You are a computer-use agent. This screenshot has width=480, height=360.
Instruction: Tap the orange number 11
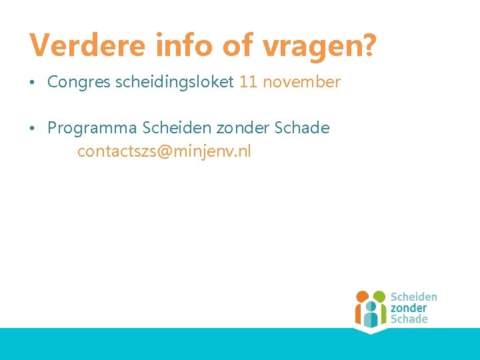coord(247,83)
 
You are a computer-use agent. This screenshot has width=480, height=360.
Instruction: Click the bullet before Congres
coord(33,83)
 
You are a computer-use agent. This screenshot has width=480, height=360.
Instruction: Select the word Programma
coord(92,128)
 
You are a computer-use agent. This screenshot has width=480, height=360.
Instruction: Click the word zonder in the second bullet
coord(241,128)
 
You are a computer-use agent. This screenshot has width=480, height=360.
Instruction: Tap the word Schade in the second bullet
coord(301,128)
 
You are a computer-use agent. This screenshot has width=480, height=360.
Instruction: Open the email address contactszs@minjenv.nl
coord(164,151)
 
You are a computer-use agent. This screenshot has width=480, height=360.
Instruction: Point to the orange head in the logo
coord(362,296)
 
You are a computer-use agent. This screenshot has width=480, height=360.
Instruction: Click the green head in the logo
coord(379,296)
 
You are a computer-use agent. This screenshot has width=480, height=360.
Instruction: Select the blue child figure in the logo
coord(371,313)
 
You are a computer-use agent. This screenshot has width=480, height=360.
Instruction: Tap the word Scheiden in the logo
coord(413,297)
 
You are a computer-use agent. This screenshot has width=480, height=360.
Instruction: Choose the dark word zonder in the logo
coord(408,308)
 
